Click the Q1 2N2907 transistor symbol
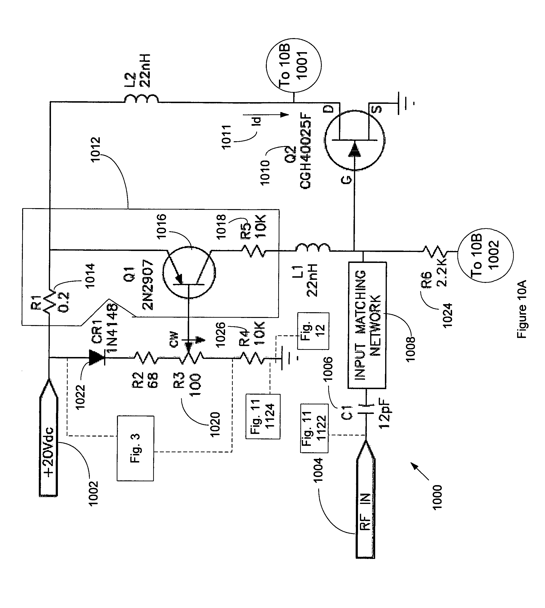click(x=189, y=272)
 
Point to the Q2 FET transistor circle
click(x=354, y=140)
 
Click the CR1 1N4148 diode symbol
click(x=96, y=357)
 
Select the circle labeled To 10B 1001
click(x=293, y=65)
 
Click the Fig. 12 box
click(x=313, y=331)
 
